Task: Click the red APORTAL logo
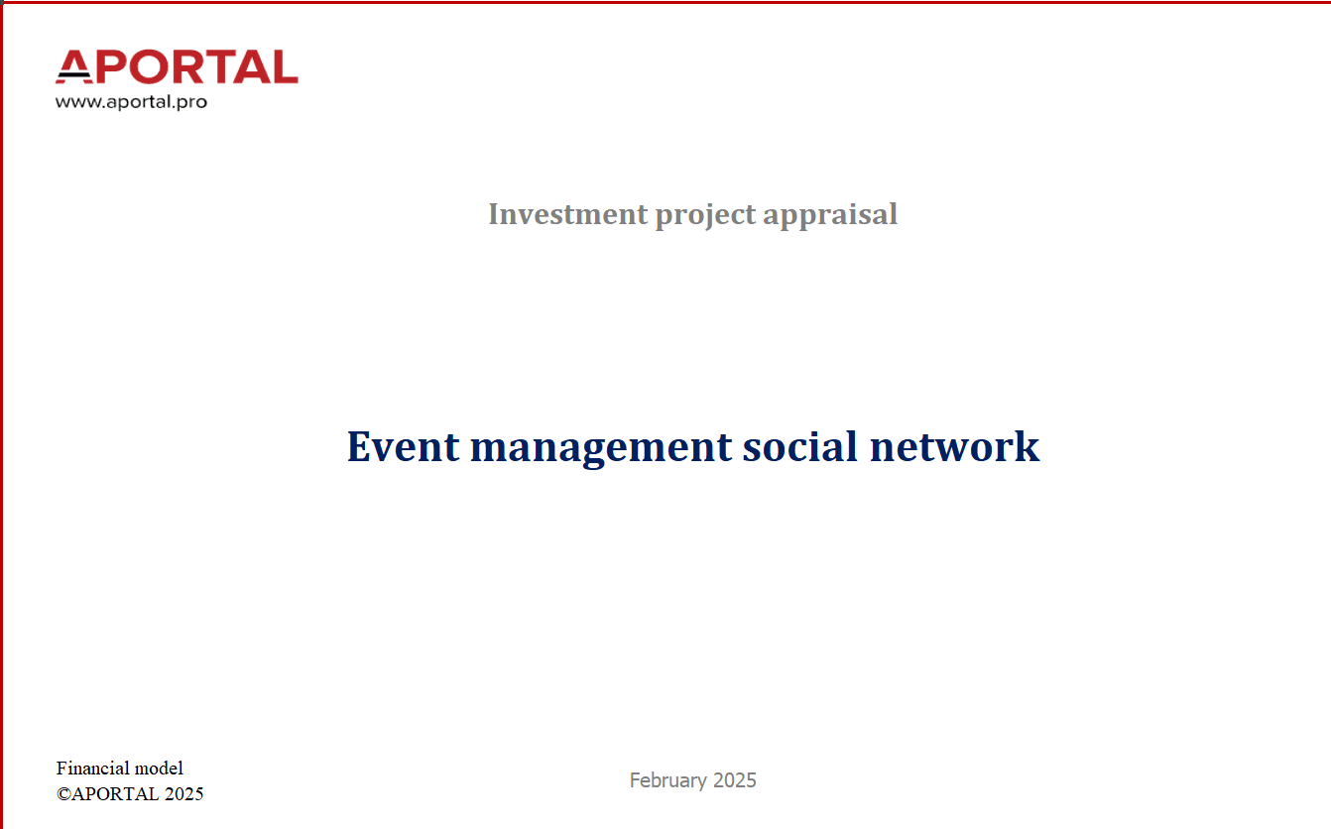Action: click(x=177, y=66)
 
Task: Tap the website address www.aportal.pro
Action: click(x=131, y=102)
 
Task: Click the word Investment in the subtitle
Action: click(x=568, y=214)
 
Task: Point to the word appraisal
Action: click(x=830, y=216)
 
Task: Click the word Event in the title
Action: click(x=403, y=446)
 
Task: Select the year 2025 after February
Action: click(x=734, y=780)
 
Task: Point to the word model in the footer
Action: click(x=160, y=769)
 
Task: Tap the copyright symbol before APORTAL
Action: click(x=63, y=794)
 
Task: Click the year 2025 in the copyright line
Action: click(x=184, y=794)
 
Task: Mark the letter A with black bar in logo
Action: click(x=74, y=66)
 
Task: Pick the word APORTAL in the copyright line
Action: click(x=115, y=794)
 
